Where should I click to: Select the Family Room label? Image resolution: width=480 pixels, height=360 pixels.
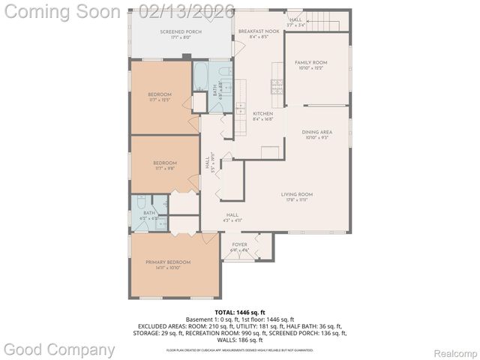tap(310, 63)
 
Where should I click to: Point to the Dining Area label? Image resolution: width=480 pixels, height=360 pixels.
tap(316, 132)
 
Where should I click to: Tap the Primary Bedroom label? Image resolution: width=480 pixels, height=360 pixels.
tap(168, 262)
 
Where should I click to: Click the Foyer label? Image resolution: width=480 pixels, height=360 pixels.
tap(239, 244)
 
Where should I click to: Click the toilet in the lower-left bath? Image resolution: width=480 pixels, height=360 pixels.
tap(141, 203)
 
